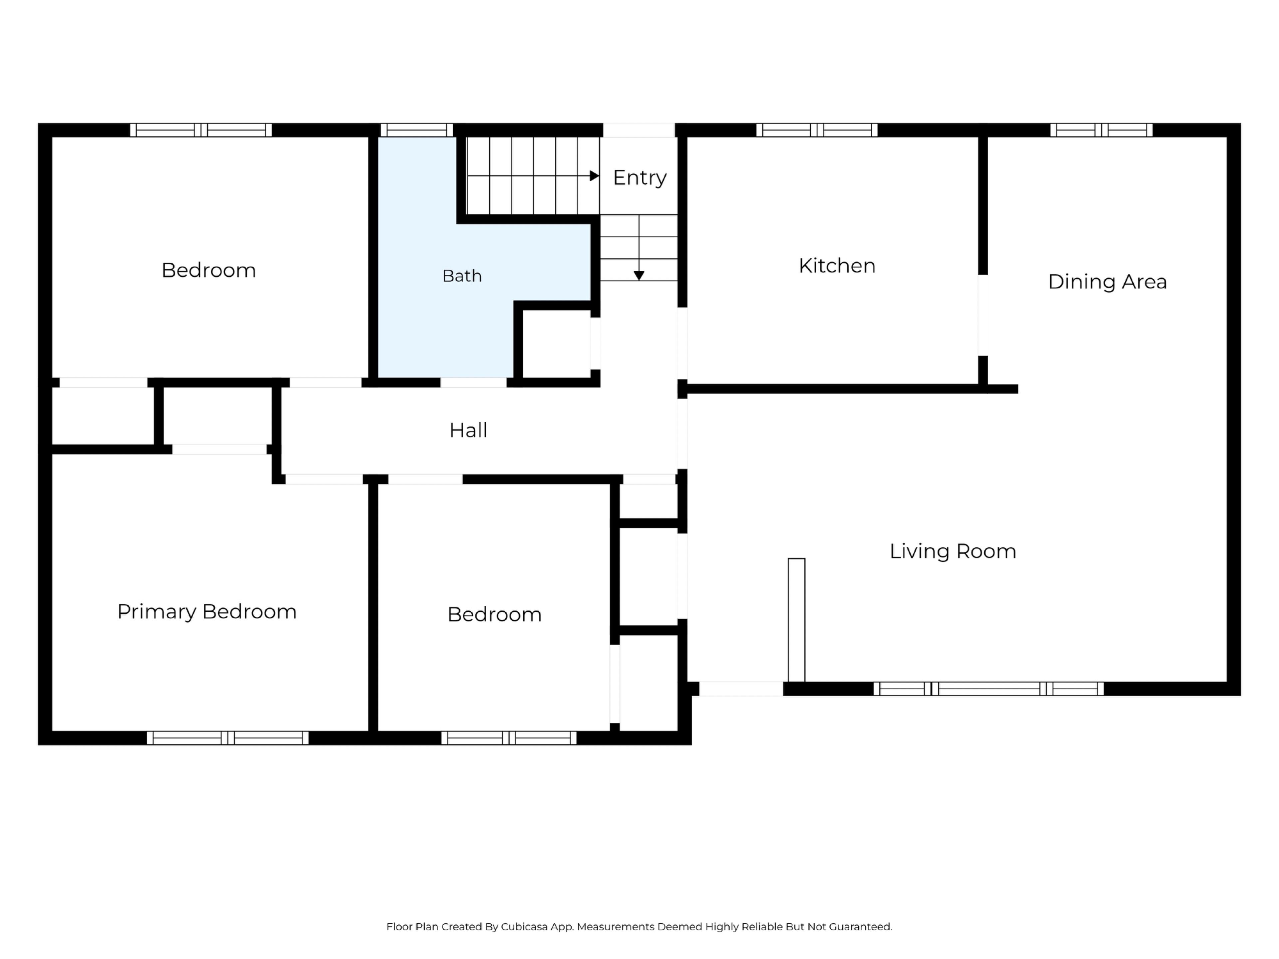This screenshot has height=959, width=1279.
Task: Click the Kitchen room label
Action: click(837, 266)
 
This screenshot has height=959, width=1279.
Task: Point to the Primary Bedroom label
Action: click(207, 612)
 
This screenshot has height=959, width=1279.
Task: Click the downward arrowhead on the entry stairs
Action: click(639, 276)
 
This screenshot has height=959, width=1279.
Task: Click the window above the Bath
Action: click(416, 130)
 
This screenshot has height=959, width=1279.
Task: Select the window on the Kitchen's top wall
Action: click(816, 130)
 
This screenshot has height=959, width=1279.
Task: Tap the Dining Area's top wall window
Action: click(1101, 130)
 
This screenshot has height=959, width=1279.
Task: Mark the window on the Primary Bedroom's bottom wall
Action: click(228, 738)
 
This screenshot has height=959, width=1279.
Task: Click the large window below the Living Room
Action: click(988, 689)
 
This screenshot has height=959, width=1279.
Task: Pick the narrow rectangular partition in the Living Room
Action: click(796, 620)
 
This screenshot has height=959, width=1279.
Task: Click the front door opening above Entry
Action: click(639, 130)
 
